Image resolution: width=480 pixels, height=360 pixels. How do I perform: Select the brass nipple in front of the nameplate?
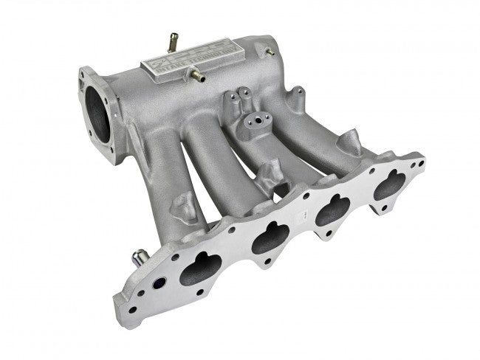(196, 73)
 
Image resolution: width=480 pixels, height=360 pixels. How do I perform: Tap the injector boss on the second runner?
(267, 175)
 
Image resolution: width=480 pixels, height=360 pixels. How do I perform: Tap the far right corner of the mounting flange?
(421, 159)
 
